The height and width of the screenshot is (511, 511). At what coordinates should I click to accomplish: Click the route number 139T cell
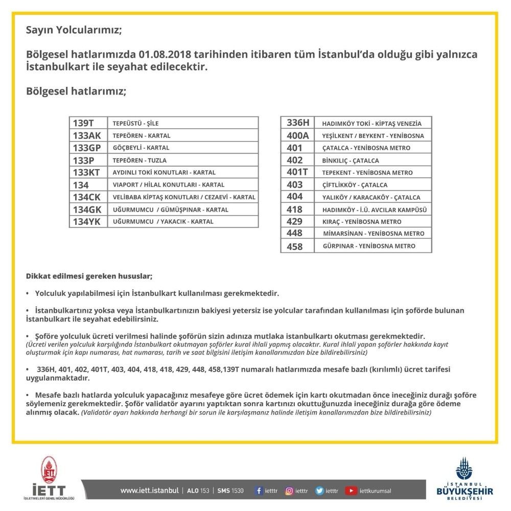click(x=84, y=123)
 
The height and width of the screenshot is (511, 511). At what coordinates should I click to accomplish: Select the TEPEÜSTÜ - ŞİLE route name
click(x=135, y=124)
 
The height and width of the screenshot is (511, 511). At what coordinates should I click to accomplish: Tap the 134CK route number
click(x=87, y=197)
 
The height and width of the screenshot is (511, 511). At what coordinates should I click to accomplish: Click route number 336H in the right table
click(x=298, y=123)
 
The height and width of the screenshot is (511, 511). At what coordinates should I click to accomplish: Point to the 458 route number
click(x=295, y=246)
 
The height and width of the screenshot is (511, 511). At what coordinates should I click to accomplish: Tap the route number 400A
click(x=298, y=136)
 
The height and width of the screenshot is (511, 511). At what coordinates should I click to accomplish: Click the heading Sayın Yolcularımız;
click(x=74, y=30)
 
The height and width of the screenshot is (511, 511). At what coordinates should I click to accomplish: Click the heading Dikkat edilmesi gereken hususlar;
click(x=89, y=276)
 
